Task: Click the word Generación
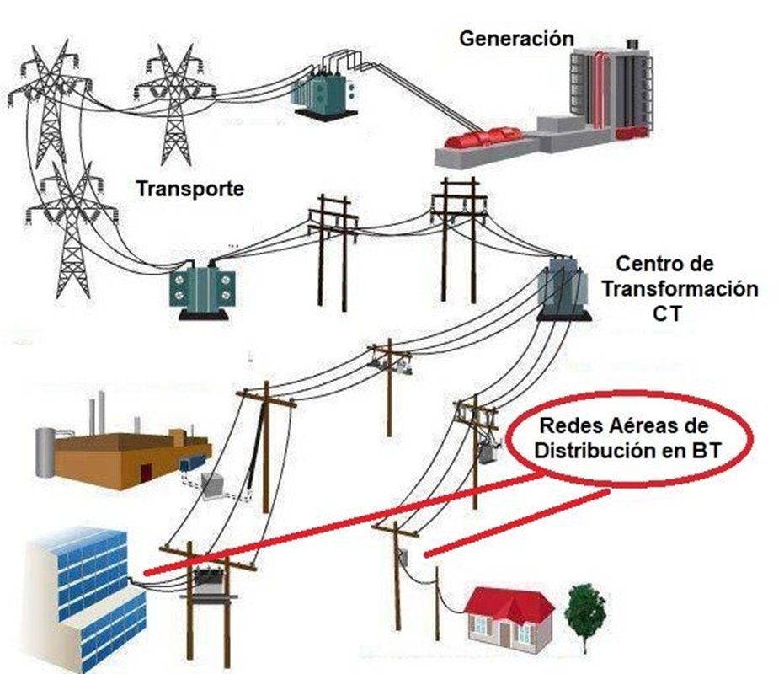pos(516,38)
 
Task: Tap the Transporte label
pos(190,189)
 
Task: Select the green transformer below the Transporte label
pos(201,286)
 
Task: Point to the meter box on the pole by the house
pos(405,559)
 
